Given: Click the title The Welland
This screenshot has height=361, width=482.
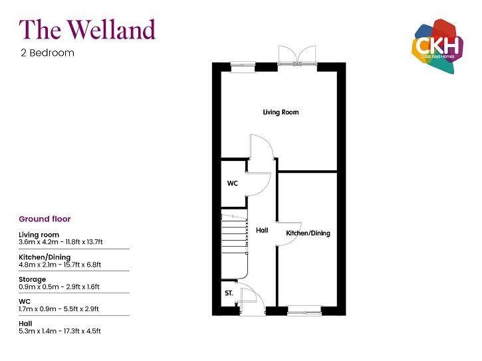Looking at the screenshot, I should point(87,29).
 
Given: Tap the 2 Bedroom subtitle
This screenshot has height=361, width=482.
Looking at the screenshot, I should point(47,53).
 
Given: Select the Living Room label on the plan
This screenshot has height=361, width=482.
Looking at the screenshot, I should point(280,112).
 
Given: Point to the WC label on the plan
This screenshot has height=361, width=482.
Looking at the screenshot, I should point(233,183).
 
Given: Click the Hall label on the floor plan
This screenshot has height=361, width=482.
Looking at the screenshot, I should point(262,230).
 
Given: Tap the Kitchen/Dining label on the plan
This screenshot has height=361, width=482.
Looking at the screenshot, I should point(308,233).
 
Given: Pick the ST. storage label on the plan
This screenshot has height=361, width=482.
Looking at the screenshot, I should point(229,293).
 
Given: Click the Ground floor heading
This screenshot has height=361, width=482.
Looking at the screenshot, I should point(45,219).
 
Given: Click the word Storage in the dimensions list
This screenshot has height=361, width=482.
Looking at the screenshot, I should point(33,279).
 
